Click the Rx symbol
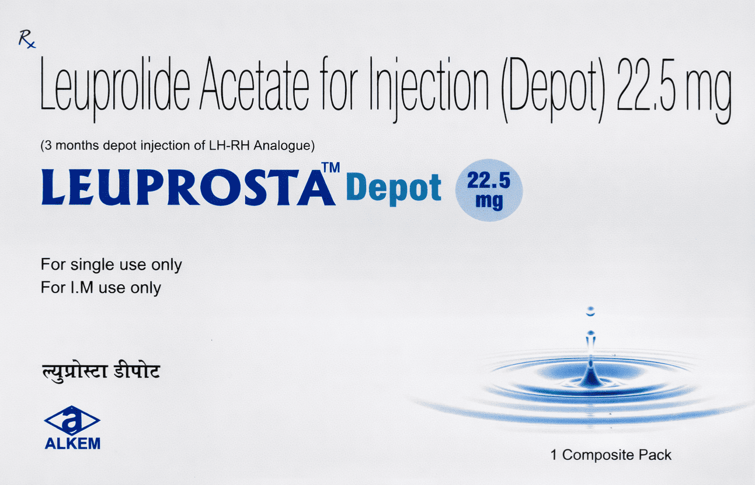(26, 40)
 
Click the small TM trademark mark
(331, 168)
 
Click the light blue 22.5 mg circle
(488, 190)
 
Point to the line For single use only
(111, 265)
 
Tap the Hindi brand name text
(100, 371)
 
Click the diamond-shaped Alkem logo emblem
(72, 420)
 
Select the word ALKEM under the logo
(72, 444)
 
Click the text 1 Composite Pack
(611, 455)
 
